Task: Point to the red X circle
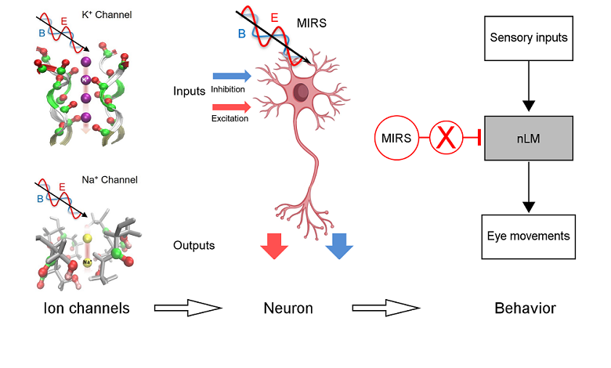click(x=445, y=137)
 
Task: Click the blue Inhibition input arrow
click(x=231, y=76)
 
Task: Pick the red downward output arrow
click(x=274, y=244)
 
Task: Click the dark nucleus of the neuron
click(x=302, y=93)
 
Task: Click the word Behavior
click(x=525, y=308)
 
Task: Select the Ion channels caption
click(x=86, y=308)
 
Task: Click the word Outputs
click(x=194, y=246)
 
